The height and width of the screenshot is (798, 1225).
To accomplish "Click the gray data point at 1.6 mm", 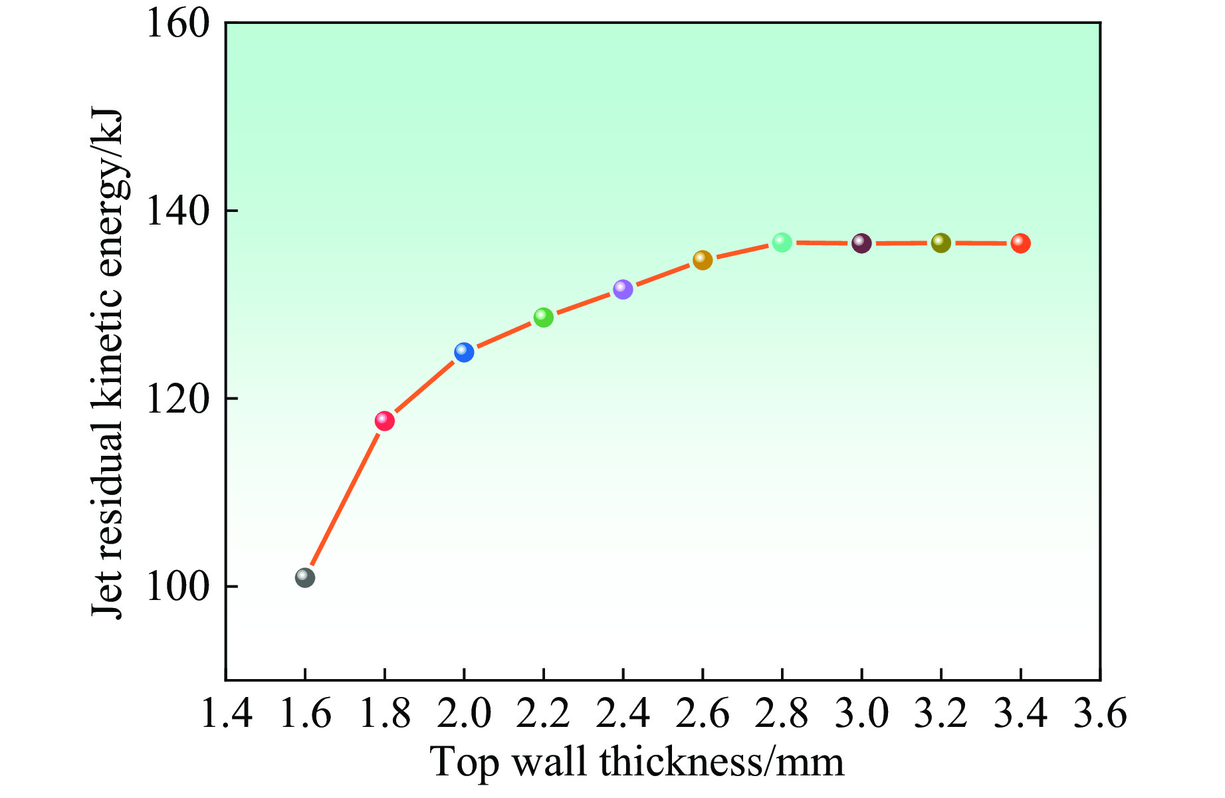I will click(304, 577).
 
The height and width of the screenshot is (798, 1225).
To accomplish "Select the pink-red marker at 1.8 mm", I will click(384, 421).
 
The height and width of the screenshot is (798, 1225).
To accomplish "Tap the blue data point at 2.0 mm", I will click(464, 352).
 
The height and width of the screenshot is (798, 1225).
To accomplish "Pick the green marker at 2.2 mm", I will click(544, 318).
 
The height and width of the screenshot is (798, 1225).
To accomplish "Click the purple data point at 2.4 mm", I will click(623, 289).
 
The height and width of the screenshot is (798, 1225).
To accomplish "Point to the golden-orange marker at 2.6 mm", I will click(703, 260).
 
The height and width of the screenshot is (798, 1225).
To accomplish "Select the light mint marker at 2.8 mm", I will click(782, 243).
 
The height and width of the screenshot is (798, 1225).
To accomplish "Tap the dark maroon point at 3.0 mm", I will click(861, 243).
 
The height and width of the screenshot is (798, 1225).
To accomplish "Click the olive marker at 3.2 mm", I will click(941, 243).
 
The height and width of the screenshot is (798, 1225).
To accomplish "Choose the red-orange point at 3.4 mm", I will click(1021, 244).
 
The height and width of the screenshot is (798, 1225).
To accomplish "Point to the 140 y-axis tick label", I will click(177, 211).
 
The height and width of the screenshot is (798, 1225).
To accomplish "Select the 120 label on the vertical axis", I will click(177, 399).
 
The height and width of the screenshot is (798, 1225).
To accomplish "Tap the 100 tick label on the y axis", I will click(177, 587).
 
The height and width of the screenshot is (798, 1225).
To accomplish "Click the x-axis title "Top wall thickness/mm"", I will click(637, 763).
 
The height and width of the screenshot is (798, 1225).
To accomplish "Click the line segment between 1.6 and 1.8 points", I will click(344, 499).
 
